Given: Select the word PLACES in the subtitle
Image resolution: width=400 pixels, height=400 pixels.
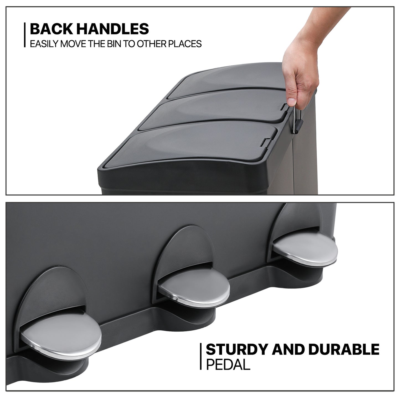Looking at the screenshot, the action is click(185, 44).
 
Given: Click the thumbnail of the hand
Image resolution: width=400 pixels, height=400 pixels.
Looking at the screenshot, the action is click(292, 102).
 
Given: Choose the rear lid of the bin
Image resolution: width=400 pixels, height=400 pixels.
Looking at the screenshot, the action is click(228, 80).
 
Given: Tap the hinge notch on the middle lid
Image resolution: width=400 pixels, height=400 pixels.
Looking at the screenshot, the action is click(285, 107).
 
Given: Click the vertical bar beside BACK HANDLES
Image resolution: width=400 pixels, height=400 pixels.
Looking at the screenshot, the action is click(25, 35).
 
